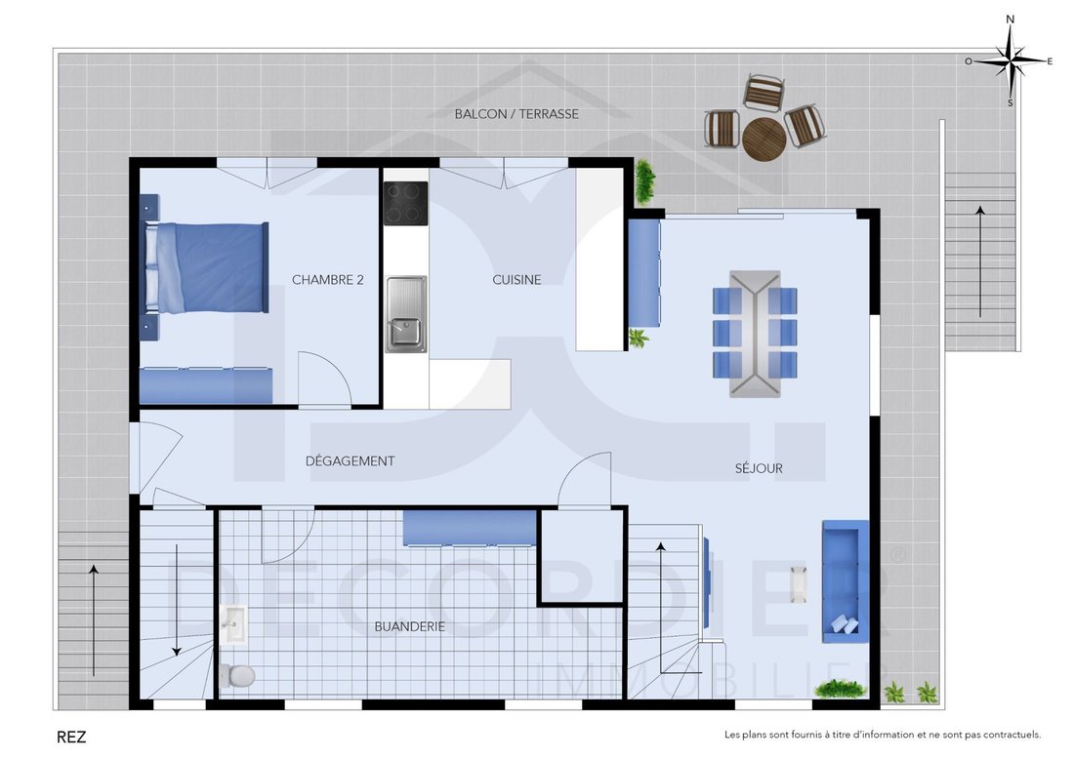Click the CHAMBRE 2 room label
pos(327,280)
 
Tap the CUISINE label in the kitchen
pos(516,280)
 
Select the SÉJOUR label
pos(759,468)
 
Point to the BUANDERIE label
pos(410,626)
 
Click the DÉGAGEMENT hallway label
pos(350,461)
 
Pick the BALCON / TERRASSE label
pos(516,114)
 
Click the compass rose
pos(1010,61)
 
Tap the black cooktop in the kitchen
pos(405,203)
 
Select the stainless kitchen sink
pos(405,315)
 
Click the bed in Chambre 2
pos(206,267)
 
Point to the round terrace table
pos(764,140)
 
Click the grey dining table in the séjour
pos(755,334)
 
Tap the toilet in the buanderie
pos(237,676)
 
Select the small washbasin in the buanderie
pos(233,625)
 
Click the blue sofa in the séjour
pos(846,581)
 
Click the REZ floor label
pos(71,738)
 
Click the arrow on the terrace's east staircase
pos(980,261)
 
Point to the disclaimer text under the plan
pos(883,736)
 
